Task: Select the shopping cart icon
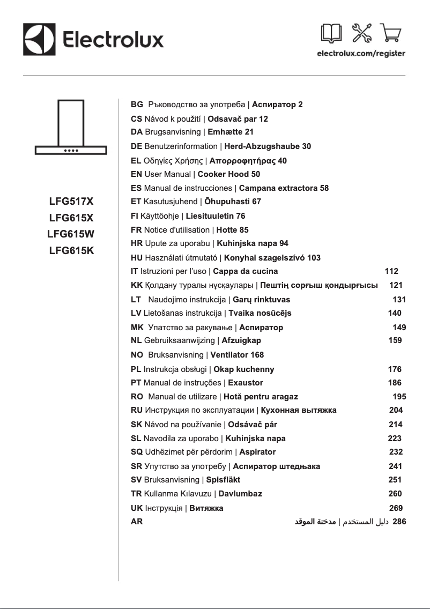tap(392, 34)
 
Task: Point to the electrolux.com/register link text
tap(361, 54)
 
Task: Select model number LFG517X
tap(71, 202)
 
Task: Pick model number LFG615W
tap(71, 234)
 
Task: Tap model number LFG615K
tap(71, 250)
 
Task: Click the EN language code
tap(137, 174)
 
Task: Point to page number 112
tap(392, 271)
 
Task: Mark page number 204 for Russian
tap(396, 410)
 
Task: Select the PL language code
tap(136, 369)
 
